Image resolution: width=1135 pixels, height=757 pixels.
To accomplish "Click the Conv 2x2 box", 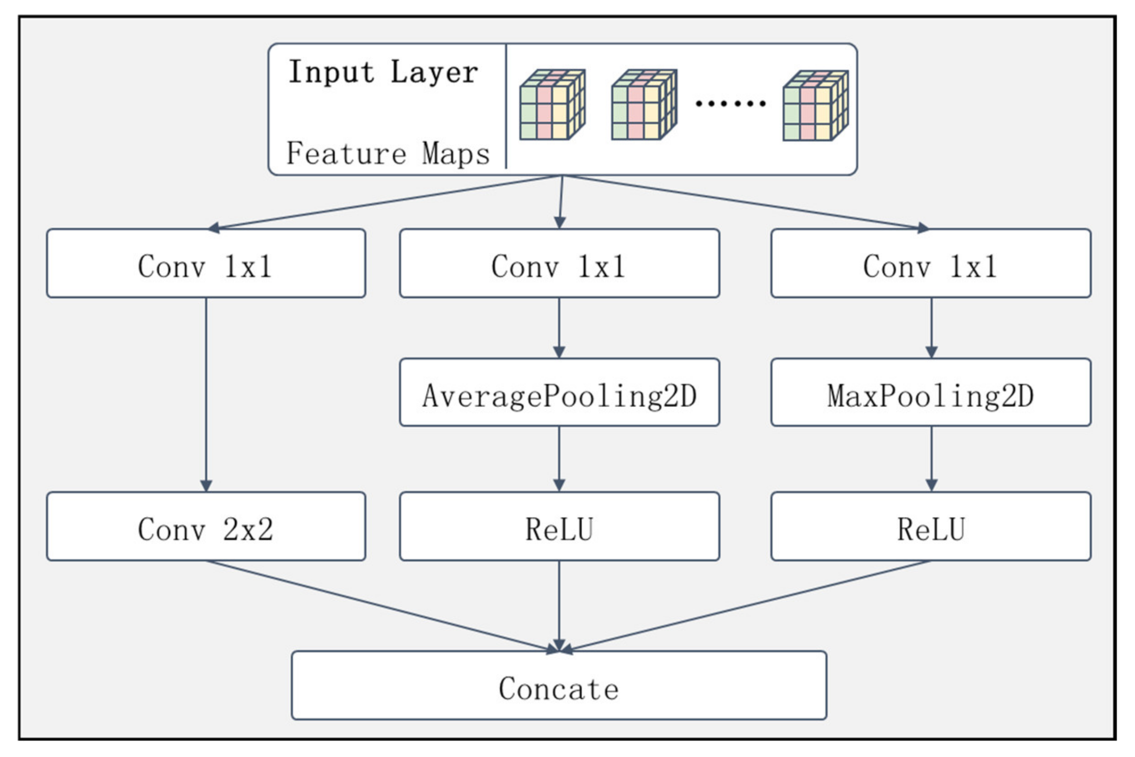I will pos(206,527).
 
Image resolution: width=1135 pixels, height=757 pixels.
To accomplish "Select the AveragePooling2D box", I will pos(559,393).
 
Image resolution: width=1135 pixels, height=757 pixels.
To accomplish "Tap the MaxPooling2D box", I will pos(931,393).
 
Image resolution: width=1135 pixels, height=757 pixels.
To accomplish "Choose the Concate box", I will pos(559,686).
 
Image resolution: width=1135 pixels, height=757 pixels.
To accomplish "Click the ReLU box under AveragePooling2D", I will pos(559,527).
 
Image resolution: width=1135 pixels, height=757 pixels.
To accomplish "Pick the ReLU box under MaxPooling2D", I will pos(931,527).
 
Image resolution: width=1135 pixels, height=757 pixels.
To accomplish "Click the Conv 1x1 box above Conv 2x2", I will pos(206,264).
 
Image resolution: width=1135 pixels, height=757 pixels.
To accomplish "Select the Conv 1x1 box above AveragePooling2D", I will pos(559,264).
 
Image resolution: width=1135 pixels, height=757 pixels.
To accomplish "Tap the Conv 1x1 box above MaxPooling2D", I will pos(931,264).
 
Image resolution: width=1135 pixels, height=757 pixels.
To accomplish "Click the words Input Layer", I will pos(383,73).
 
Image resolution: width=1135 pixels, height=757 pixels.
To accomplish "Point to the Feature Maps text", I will pos(388,153).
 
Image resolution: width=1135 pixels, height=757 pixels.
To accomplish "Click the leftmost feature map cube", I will pos(552,105).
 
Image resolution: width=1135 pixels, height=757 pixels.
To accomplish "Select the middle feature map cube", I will pos(644,105).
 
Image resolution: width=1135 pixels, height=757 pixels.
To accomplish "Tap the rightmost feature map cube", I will pos(815,106).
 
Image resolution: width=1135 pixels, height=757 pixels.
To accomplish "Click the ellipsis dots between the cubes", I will pos(730,103).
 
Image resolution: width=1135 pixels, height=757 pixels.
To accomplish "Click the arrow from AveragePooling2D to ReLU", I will pos(559,459).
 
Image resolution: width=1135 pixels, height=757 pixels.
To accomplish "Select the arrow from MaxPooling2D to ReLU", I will pos(931,459).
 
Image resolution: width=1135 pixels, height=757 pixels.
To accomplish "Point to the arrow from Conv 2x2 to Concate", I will pos(382,606).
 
